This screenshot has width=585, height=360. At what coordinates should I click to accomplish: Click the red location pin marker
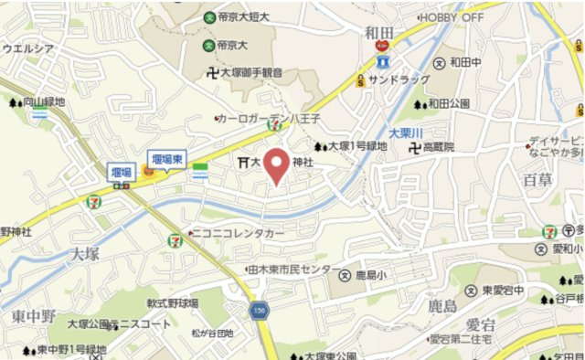[x=279, y=164]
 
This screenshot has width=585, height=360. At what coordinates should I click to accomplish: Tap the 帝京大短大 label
[x=240, y=16]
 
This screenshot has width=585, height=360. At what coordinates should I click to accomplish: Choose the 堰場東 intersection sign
[x=167, y=158]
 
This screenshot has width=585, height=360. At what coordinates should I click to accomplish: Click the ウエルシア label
[x=29, y=48]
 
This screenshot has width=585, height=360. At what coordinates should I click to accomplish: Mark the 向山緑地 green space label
[x=44, y=103]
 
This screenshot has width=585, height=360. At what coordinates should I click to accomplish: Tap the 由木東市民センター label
[x=290, y=270]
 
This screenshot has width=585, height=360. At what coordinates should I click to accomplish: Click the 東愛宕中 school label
[x=504, y=291]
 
